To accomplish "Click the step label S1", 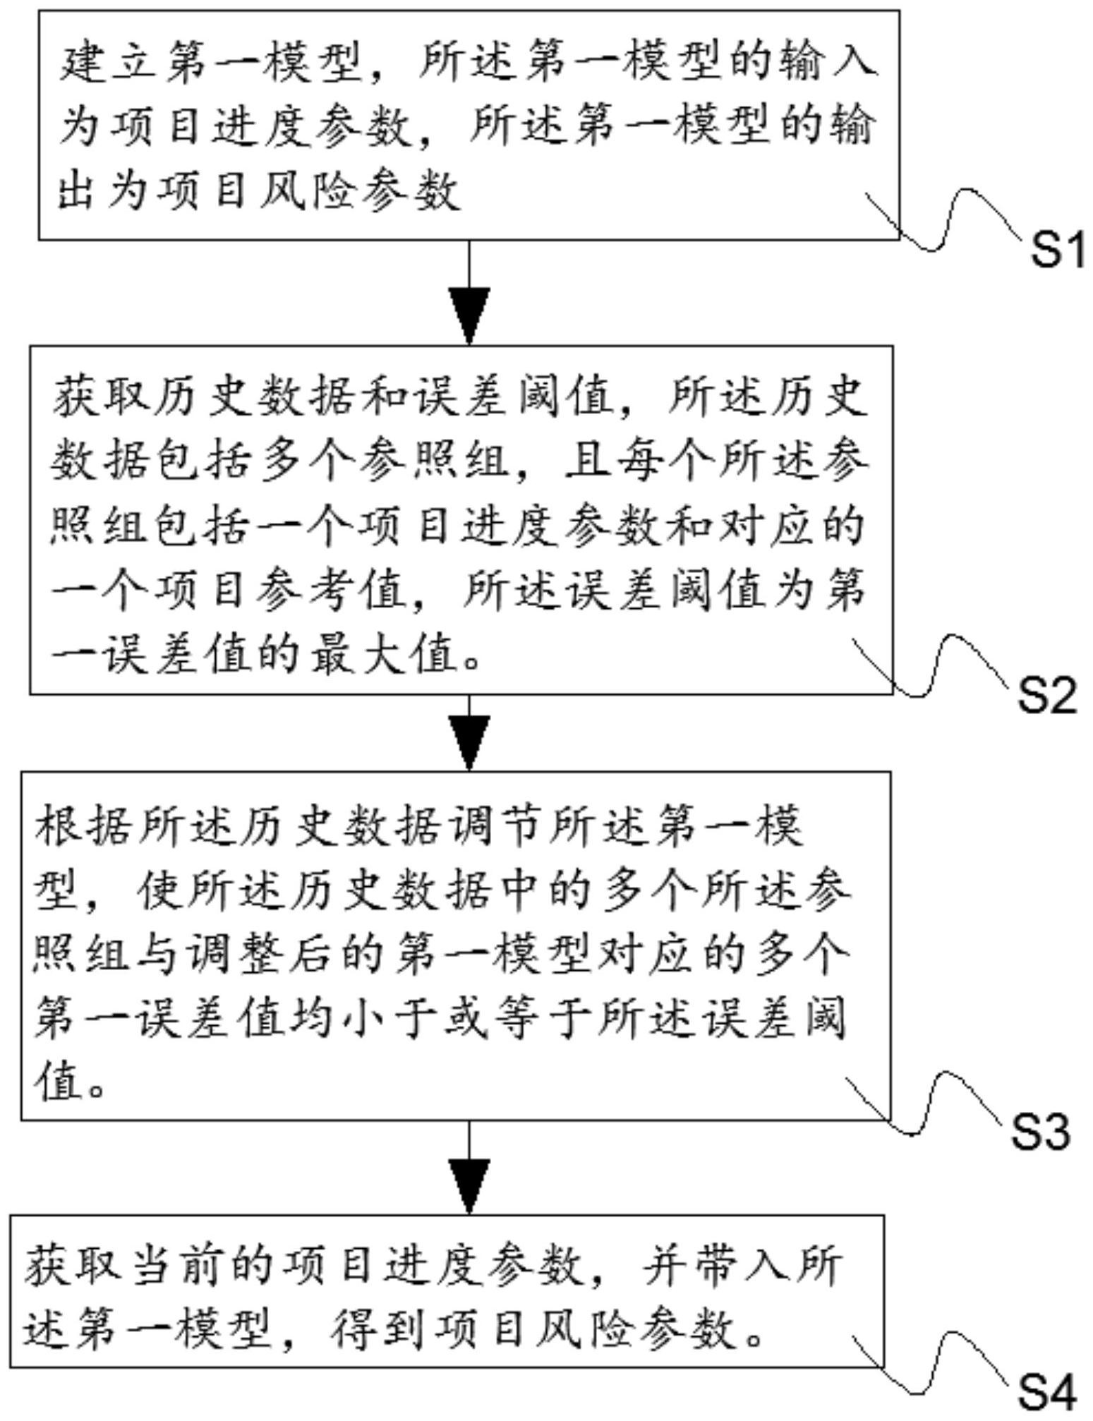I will click(x=1056, y=250).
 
